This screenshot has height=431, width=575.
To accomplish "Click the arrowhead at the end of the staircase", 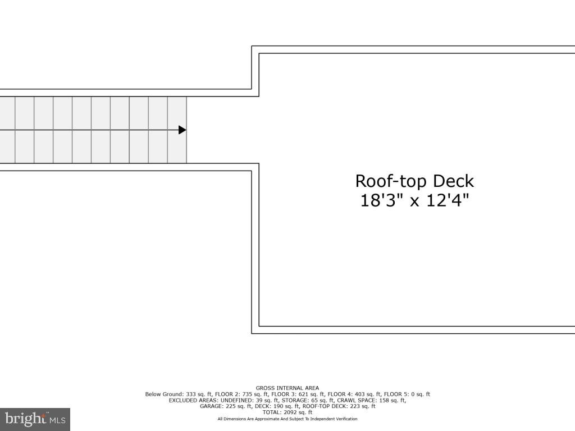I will click(182, 130).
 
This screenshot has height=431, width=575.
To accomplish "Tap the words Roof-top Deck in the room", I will click(414, 181).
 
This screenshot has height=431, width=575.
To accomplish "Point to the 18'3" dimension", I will click(382, 200).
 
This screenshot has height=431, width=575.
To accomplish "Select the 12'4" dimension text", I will click(447, 200).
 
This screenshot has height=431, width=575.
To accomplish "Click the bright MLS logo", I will click(35, 419).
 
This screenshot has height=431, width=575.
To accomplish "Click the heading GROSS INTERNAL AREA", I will click(287, 388).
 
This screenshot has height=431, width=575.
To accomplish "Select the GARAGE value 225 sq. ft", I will click(235, 406).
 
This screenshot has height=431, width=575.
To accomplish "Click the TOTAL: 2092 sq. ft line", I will click(287, 412).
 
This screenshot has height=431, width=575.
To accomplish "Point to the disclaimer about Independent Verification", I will click(287, 419).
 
